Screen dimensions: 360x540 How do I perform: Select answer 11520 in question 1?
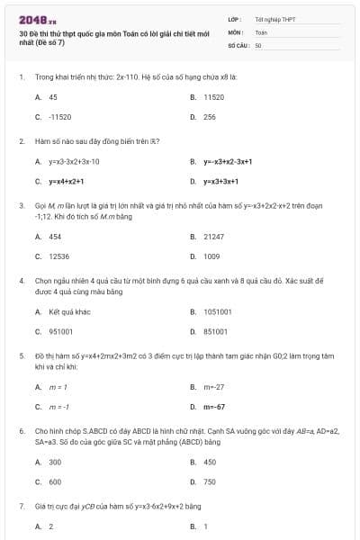213,96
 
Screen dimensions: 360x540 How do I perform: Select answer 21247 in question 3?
213,237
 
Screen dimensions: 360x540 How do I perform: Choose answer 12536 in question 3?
59,256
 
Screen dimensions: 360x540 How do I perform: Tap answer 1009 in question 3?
211,256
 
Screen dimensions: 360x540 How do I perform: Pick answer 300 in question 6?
55,462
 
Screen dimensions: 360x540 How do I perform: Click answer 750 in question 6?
209,481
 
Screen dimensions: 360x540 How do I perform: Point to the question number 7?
21,507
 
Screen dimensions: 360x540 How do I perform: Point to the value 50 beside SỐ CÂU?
258,43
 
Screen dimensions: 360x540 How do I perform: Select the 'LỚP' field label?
234,19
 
